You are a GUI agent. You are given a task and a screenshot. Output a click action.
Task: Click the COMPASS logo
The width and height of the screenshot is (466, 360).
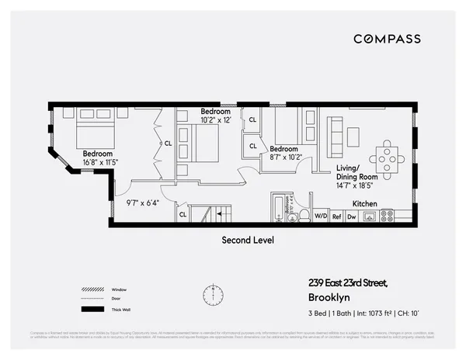(387, 39)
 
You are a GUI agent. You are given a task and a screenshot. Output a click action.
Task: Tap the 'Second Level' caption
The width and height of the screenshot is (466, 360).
(248, 240)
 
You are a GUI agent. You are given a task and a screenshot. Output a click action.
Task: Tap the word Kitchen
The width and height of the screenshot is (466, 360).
(365, 203)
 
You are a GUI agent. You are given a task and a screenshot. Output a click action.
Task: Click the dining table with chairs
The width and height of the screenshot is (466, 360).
(387, 158)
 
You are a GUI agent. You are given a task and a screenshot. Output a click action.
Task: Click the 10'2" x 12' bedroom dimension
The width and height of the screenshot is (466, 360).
(217, 120)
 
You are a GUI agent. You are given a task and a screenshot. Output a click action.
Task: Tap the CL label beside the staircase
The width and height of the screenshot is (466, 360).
(183, 214)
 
